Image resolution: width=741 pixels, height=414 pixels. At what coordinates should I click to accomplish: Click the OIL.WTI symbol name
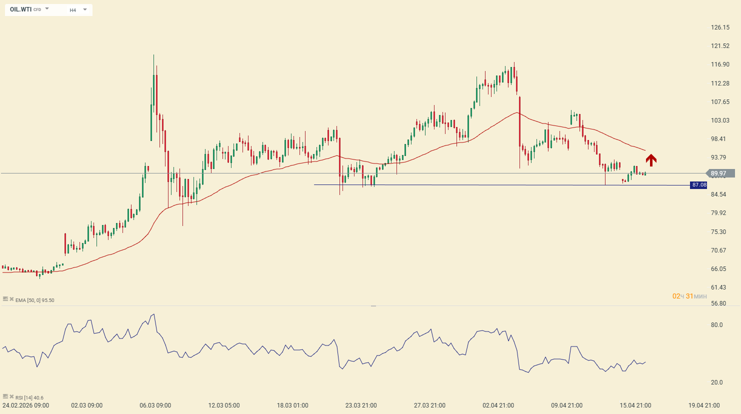tap(20, 9)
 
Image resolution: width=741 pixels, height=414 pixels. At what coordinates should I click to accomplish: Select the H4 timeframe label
tap(73, 10)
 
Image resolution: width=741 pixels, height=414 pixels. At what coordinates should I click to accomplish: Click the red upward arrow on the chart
tap(651, 160)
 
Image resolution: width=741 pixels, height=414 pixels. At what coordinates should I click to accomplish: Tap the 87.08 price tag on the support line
tap(698, 185)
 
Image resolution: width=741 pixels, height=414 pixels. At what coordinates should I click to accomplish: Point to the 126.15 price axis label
tap(720, 27)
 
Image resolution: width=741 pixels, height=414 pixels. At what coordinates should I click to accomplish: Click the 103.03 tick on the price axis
tap(720, 120)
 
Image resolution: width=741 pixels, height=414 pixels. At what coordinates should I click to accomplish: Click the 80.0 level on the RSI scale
tap(717, 325)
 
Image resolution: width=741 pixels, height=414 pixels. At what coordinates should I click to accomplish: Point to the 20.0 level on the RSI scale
tap(717, 382)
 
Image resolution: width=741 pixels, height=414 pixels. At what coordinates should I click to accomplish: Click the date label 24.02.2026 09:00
tap(26, 405)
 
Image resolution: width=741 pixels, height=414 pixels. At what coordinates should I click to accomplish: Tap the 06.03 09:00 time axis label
tap(155, 405)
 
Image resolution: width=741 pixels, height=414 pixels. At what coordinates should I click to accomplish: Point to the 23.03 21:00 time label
tap(361, 405)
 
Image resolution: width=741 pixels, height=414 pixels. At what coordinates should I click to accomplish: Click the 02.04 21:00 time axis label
tap(498, 405)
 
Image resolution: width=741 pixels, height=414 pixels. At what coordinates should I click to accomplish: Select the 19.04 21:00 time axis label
tap(704, 405)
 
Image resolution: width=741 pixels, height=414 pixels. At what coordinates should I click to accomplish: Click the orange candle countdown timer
tap(689, 296)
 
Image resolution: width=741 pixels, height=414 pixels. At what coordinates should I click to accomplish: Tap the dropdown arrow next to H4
tap(85, 9)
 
